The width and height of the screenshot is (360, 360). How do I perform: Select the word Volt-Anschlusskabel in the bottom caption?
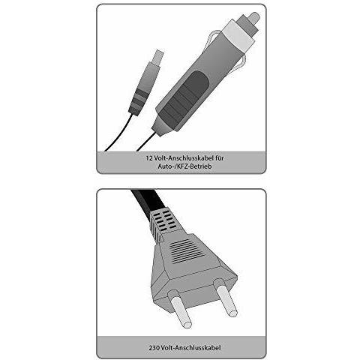[x=186, y=347]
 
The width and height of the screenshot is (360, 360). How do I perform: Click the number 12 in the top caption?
[x=149, y=157]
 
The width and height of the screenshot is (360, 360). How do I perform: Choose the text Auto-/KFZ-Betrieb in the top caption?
[x=180, y=167]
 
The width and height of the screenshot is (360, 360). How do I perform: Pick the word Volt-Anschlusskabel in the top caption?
[x=181, y=157]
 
